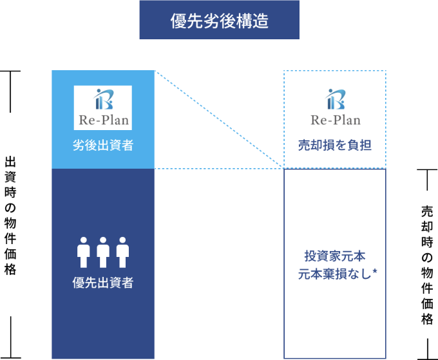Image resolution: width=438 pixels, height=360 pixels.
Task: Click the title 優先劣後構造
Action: (x=219, y=20)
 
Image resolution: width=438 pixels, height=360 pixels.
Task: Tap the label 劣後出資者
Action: (x=103, y=146)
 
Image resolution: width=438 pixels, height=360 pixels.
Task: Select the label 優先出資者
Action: (x=103, y=281)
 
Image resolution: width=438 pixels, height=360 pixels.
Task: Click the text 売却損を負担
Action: (x=335, y=146)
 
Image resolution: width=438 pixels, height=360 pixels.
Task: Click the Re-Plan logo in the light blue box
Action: (x=103, y=108)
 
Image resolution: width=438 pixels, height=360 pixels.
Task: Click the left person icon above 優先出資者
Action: (x=82, y=252)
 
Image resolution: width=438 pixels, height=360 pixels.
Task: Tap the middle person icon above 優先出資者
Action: (x=103, y=252)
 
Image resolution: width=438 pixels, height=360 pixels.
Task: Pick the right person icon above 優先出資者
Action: (x=123, y=252)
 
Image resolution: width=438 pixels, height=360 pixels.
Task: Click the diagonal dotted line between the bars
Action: (x=219, y=119)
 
